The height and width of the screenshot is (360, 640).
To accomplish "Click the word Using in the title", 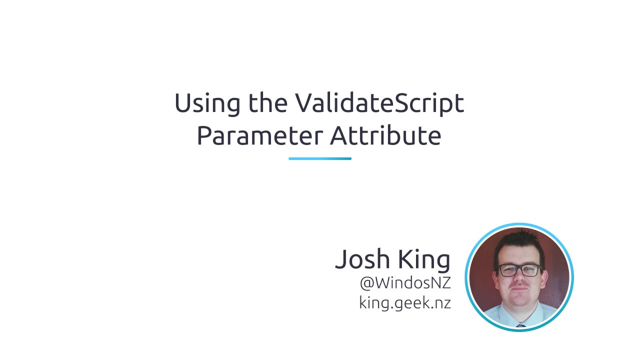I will click(x=206, y=104).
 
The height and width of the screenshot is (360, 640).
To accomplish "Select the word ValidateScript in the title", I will click(x=379, y=104).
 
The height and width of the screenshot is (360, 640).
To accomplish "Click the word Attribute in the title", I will click(x=385, y=135).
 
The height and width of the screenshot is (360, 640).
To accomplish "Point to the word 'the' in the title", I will click(x=267, y=103).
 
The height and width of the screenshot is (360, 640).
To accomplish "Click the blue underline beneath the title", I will click(x=320, y=158).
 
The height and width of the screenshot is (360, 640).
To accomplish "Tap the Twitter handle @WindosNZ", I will click(x=405, y=283).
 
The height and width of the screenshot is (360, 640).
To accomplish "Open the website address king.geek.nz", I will click(x=405, y=302).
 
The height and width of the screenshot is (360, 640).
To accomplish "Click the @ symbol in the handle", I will click(x=366, y=283).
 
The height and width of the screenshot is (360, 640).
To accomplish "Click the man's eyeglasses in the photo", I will click(x=520, y=270).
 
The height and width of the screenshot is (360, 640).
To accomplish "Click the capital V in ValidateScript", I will click(x=304, y=103).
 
